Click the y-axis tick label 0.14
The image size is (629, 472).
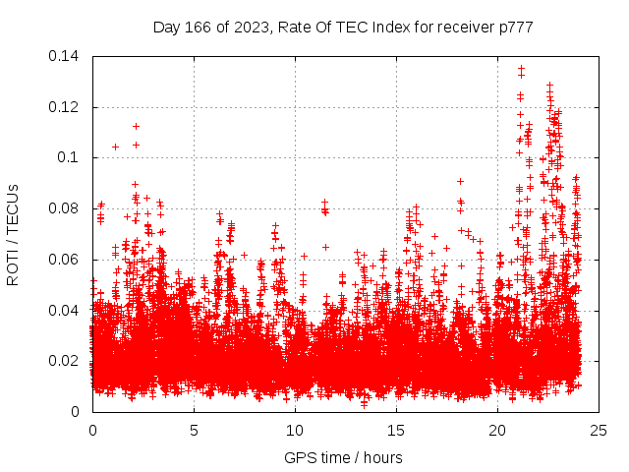click(x=66, y=55)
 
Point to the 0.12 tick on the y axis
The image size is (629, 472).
click(x=66, y=106)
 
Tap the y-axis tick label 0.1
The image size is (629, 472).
click(x=70, y=157)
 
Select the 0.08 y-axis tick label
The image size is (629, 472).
click(x=66, y=208)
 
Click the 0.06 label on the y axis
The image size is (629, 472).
click(x=66, y=260)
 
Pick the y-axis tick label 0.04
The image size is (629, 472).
click(x=66, y=311)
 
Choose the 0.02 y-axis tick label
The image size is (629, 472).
click(x=66, y=361)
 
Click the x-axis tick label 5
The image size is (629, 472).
click(x=194, y=430)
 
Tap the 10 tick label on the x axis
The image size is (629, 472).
click(x=295, y=430)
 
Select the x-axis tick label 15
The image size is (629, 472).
click(x=396, y=430)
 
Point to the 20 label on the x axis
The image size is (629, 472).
click(x=497, y=430)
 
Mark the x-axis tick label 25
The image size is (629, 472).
click(x=599, y=430)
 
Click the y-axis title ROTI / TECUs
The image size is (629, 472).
click(x=14, y=233)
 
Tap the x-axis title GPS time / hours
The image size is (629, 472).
click(x=343, y=457)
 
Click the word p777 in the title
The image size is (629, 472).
click(x=515, y=28)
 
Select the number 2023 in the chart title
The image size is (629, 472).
click(x=251, y=28)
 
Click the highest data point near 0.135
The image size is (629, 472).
click(x=521, y=68)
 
